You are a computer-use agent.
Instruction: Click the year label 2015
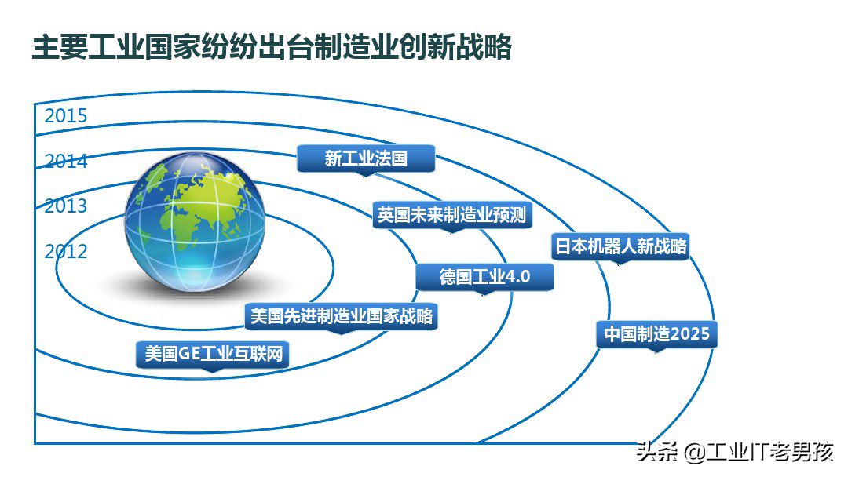coord(65,116)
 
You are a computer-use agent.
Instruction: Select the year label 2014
coord(65,162)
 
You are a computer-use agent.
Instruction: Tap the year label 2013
coord(65,206)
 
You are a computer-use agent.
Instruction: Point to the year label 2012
coord(65,252)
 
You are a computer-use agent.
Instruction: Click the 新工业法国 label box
coord(365,158)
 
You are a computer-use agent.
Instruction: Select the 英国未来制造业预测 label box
coord(451,215)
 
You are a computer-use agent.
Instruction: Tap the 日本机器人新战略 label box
coord(620,246)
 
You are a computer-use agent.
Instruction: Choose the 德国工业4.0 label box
coord(484,277)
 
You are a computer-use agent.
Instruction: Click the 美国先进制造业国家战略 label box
coord(340,317)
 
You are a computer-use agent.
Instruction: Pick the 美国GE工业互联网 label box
coord(212,355)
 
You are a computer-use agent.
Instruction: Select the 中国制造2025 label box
coord(656,335)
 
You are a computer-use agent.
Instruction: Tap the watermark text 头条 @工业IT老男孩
coord(735,453)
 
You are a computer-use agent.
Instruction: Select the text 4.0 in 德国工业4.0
coord(517,277)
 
